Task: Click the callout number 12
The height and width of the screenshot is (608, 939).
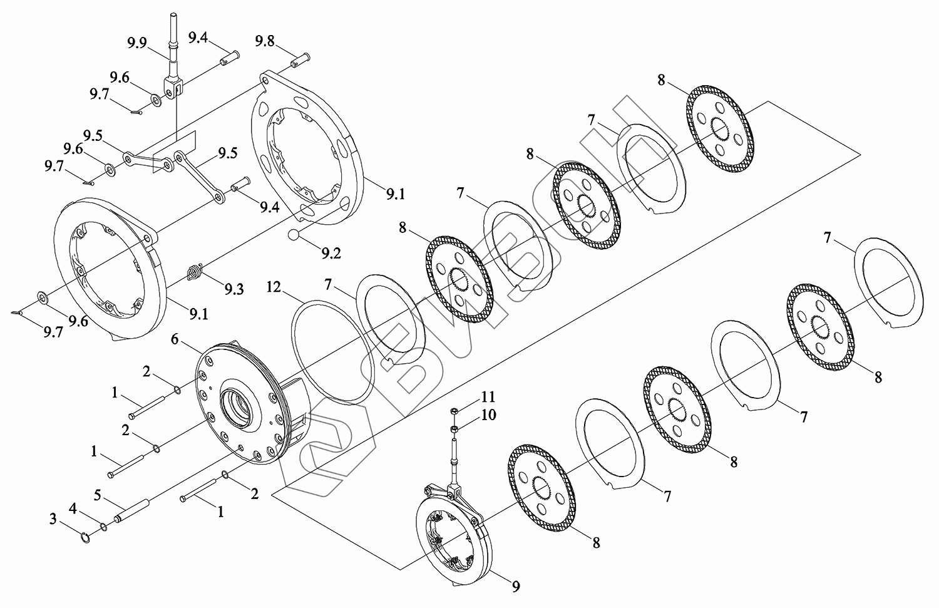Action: coord(274,287)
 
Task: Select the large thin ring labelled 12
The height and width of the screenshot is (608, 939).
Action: coord(332,353)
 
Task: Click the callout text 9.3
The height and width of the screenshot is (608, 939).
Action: coord(234,289)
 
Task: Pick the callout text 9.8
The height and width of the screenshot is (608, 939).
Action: coord(265,41)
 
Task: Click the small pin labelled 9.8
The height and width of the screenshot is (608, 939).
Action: coord(300,61)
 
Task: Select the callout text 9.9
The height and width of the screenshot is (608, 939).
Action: coord(137,43)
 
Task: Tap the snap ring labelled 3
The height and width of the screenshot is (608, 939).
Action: coord(85,537)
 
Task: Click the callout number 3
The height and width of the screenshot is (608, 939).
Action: coord(53,519)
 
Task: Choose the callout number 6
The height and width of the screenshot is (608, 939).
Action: coord(175,339)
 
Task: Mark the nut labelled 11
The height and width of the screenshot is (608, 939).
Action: coord(453,410)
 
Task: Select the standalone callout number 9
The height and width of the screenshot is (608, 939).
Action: coord(516,586)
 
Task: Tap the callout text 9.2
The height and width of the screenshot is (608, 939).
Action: coord(331,253)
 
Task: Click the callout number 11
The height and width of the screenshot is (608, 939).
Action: coord(488,396)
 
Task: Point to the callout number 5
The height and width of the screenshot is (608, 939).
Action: coord(97,496)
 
